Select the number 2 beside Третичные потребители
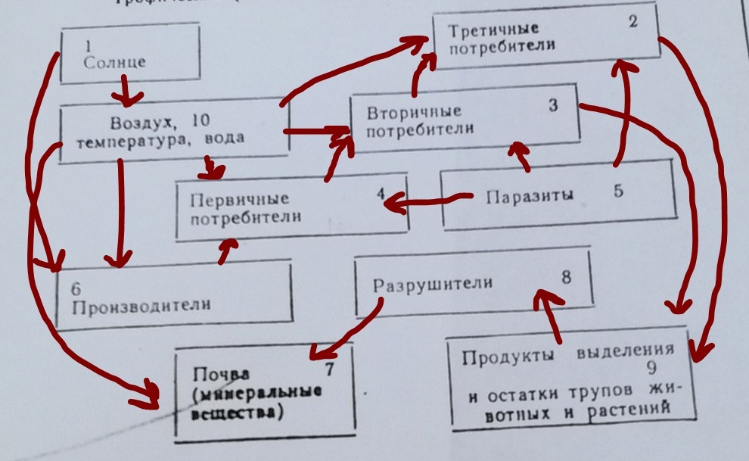coord(632,21)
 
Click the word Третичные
coord(493,31)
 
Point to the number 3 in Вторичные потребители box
coord(553,105)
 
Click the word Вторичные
coord(414,114)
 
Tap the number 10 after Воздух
coord(201,120)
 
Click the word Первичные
coord(240,201)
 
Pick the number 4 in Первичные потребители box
coord(381,193)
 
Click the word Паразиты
coord(530,196)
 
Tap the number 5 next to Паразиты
coord(618,191)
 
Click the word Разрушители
coord(433,285)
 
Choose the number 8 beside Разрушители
coord(567,277)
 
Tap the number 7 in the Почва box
coord(328,369)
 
